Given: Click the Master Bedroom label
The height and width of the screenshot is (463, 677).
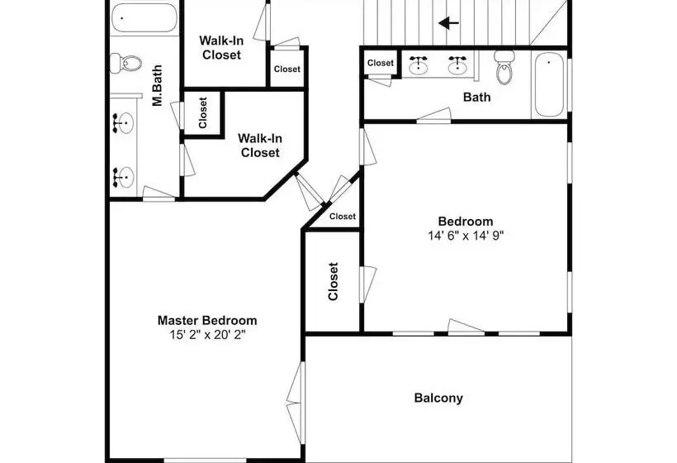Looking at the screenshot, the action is pyautogui.click(x=207, y=320).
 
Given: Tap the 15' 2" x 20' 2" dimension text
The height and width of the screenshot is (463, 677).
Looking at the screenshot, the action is pyautogui.click(x=207, y=335).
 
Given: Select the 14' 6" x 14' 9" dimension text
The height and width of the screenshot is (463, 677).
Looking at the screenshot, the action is pyautogui.click(x=466, y=236).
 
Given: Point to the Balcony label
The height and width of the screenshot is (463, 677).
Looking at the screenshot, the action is pyautogui.click(x=438, y=398).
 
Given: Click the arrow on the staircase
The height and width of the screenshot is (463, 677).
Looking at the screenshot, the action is pyautogui.click(x=448, y=23).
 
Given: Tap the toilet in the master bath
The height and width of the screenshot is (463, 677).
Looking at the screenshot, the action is pyautogui.click(x=125, y=64).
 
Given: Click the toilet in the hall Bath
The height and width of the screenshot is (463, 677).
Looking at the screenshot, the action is pyautogui.click(x=504, y=67).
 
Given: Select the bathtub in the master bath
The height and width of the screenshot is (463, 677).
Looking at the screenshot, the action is pyautogui.click(x=144, y=17).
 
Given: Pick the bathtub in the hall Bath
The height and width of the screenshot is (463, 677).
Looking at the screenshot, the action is pyautogui.click(x=549, y=84).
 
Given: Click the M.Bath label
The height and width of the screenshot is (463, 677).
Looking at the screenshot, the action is pyautogui.click(x=157, y=85).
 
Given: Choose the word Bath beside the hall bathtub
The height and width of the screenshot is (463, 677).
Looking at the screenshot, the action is pyautogui.click(x=476, y=97).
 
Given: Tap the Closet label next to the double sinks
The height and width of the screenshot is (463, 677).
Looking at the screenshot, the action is pyautogui.click(x=381, y=63).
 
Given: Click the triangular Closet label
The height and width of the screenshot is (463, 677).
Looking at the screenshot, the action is pyautogui.click(x=343, y=216).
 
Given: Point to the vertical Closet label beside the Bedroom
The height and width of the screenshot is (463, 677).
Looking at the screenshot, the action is pyautogui.click(x=333, y=281).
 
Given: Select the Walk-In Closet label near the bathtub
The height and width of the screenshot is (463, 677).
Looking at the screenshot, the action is pyautogui.click(x=221, y=48).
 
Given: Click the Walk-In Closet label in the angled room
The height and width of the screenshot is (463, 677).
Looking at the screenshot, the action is pyautogui.click(x=260, y=146).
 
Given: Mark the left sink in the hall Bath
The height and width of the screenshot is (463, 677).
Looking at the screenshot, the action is pyautogui.click(x=418, y=65).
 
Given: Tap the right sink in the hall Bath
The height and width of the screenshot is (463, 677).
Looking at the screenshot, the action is pyautogui.click(x=457, y=65).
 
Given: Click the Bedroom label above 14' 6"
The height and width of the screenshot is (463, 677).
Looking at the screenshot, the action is pyautogui.click(x=466, y=222).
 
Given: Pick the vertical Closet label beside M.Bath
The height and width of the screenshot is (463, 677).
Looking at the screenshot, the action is pyautogui.click(x=203, y=112).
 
